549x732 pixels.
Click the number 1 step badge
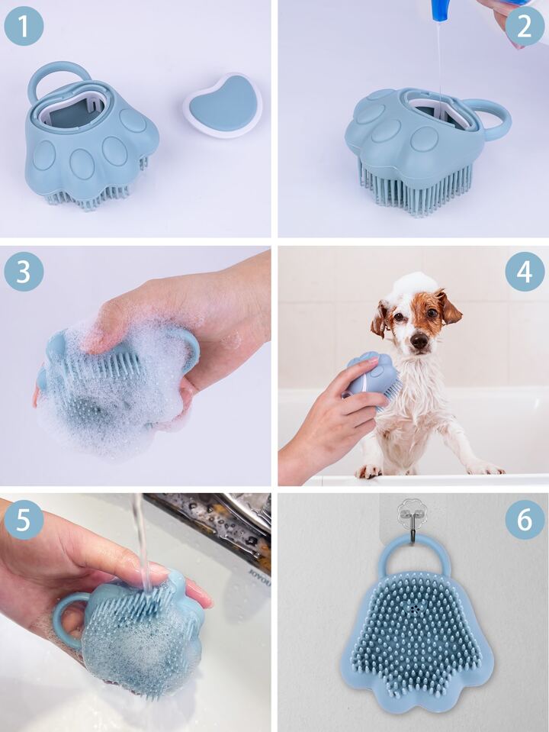[x=24, y=26]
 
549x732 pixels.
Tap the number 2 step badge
[x=525, y=26]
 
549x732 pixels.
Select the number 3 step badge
[x=24, y=272]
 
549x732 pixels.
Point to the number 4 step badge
[x=525, y=272]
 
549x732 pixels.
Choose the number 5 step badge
[x=24, y=520]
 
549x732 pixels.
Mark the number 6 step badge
[x=525, y=520]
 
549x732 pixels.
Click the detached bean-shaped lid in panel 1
[x=223, y=105]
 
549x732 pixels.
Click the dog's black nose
[x=419, y=342]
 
